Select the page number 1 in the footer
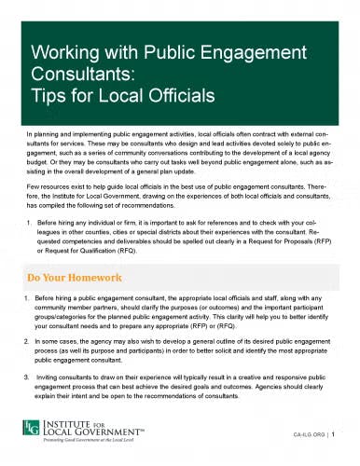pyautogui.click(x=344, y=434)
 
